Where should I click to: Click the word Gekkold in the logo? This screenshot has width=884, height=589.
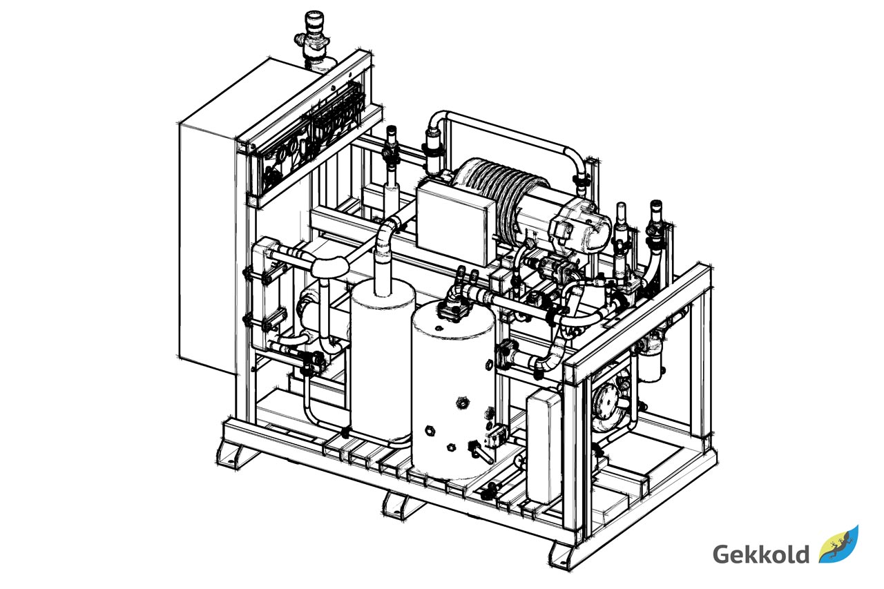[761, 554]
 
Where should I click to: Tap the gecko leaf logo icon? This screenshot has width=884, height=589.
[839, 544]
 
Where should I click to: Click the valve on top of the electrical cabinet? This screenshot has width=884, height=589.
[311, 37]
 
